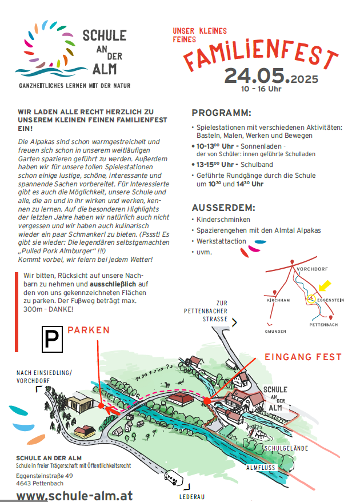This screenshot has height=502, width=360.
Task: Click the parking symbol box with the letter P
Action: click(52, 339)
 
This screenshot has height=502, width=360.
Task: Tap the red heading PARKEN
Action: click(89, 330)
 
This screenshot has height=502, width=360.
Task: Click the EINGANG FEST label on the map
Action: click(303, 357)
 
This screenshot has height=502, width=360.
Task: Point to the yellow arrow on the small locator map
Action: click(324, 285)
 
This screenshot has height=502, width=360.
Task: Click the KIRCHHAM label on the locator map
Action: click(279, 300)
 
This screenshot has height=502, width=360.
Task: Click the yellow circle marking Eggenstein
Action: click(311, 298)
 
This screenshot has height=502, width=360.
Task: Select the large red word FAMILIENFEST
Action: click(260, 54)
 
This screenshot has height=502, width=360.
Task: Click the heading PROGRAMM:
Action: click(221, 113)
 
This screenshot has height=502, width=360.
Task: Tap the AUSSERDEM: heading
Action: click(223, 207)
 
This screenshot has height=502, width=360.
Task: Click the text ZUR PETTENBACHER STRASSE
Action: click(206, 311)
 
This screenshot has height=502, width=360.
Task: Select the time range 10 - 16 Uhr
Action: click(261, 89)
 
